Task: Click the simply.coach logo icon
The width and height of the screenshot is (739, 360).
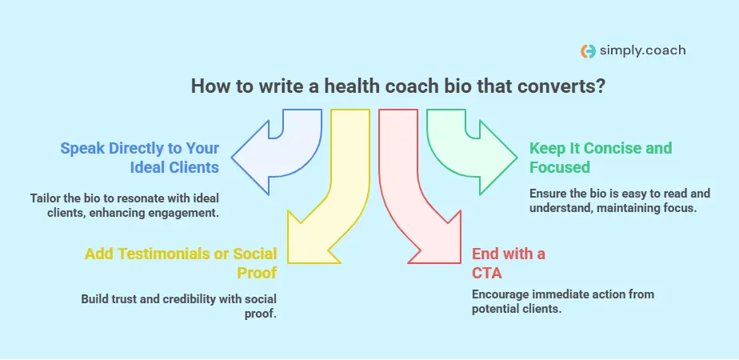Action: tap(588, 50)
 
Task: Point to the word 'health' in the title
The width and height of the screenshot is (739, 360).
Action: tap(346, 86)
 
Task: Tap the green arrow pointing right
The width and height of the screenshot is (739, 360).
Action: tap(472, 148)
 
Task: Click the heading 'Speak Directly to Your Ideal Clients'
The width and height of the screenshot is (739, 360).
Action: tap(139, 158)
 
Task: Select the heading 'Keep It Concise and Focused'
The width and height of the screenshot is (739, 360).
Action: tap(600, 158)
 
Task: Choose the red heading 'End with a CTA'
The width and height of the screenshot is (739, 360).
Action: tap(508, 263)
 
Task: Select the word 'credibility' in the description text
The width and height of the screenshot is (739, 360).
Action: tap(190, 299)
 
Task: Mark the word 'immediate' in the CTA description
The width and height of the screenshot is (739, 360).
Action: tap(562, 294)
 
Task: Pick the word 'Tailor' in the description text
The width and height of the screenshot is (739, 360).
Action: tap(45, 198)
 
